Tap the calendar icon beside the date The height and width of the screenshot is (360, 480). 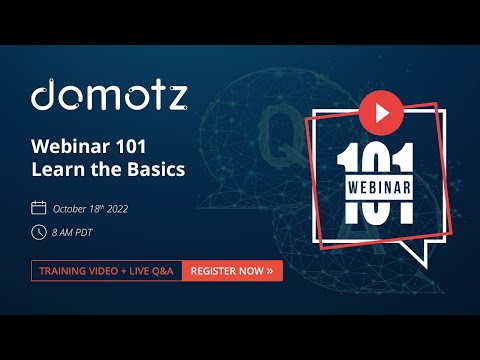39,208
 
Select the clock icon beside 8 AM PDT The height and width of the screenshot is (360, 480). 39,232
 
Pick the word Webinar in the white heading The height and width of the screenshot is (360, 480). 71,146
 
